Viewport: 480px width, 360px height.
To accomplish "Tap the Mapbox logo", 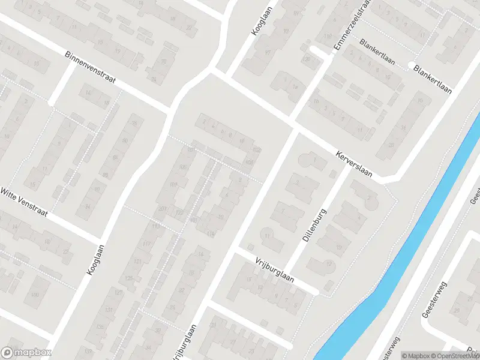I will (25, 353).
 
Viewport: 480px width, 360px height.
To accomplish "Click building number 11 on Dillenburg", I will (267, 236).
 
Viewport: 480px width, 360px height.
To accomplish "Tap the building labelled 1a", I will (295, 87).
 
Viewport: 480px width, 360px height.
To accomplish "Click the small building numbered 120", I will (307, 59).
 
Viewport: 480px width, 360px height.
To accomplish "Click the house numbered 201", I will (161, 208).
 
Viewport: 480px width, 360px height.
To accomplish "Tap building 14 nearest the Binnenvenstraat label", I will (88, 93).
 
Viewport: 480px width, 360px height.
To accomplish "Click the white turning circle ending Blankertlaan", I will (412, 65).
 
